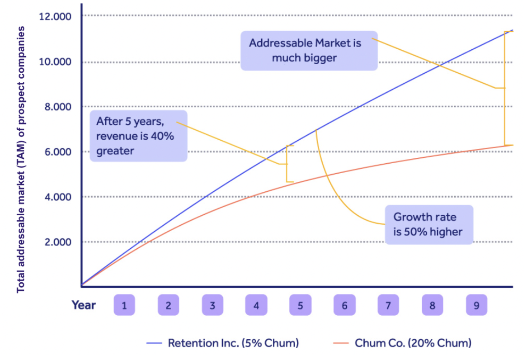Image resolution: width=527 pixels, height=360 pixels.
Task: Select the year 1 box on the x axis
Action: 124,305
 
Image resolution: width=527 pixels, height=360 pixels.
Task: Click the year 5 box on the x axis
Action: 300,305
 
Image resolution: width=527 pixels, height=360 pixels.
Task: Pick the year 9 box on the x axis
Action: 476,305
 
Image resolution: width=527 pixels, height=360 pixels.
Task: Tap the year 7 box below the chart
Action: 388,305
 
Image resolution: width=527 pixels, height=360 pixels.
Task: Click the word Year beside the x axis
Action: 84,305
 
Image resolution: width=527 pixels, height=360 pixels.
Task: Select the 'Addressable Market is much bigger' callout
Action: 309,50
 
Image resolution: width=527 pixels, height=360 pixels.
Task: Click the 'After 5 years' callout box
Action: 138,136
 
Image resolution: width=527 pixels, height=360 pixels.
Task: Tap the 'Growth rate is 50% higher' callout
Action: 428,224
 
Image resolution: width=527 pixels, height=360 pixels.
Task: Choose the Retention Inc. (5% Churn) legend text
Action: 233,343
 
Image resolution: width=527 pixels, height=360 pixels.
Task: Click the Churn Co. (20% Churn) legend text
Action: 413,343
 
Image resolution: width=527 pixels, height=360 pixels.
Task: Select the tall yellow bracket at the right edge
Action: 505,88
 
